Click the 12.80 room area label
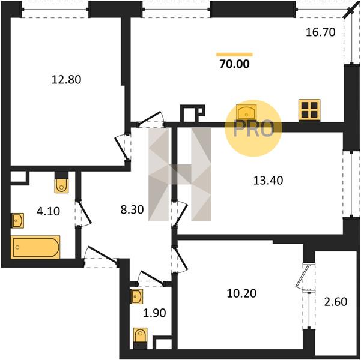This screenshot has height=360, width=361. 66,80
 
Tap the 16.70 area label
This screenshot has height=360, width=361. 321,32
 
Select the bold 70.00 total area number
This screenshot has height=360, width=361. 234,64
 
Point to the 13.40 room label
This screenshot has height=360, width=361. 268,181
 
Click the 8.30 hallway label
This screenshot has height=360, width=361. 132,209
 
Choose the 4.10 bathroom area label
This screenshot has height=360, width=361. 48,211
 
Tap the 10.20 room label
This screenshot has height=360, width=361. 241,293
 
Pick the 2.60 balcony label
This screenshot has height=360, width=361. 336,302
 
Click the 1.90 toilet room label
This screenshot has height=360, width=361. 154,313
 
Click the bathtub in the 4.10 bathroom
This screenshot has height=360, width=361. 35,247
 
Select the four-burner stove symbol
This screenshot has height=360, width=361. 309,110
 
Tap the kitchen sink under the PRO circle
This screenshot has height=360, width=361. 246,112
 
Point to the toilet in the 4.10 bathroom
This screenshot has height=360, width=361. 61,183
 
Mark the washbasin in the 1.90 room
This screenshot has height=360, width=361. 136,296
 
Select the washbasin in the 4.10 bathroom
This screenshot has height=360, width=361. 18,221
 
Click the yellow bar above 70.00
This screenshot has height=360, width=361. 234,55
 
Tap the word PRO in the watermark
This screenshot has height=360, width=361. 253,129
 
